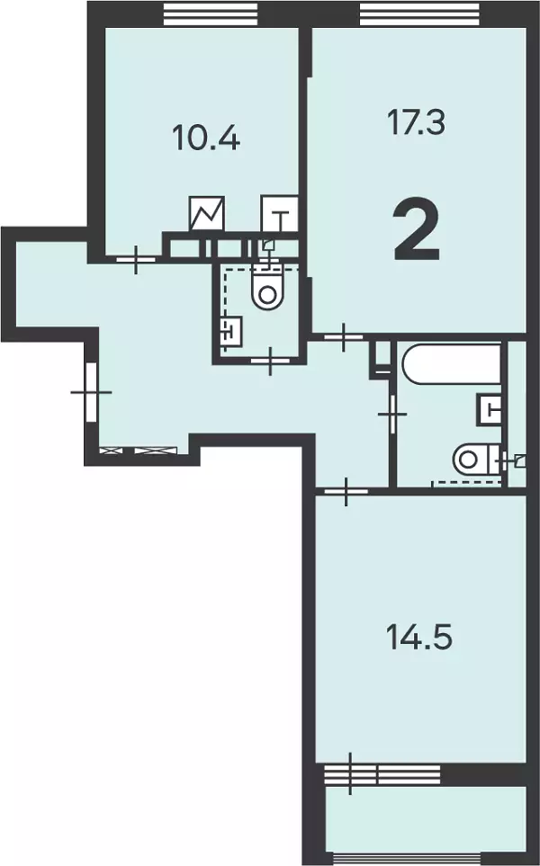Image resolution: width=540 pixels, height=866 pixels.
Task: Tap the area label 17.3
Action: click(x=416, y=122)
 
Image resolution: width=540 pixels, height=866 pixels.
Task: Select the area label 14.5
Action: click(x=419, y=637)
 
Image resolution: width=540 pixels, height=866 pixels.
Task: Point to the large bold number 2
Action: click(x=418, y=231)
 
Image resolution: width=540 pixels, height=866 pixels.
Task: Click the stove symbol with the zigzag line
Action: click(x=207, y=214)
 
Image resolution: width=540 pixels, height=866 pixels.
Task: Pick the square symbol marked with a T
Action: click(x=280, y=214)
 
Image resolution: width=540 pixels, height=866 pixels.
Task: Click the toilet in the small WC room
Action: click(x=267, y=286)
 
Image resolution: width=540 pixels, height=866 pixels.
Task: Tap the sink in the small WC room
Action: click(x=231, y=331)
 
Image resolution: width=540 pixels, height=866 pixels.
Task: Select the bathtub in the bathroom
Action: click(x=452, y=362)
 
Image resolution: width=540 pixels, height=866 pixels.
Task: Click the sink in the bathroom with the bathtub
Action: click(x=490, y=409)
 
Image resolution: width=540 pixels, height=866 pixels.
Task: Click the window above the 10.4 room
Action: click(x=211, y=13)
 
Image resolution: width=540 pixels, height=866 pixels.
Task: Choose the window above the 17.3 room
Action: click(x=419, y=13)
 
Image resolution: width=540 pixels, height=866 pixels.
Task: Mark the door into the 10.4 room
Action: click(x=135, y=258)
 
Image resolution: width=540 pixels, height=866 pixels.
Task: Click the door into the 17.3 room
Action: click(x=343, y=335)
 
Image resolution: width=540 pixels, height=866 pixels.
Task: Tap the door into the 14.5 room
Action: click(x=346, y=490)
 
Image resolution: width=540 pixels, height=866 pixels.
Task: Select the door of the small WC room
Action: click(x=270, y=360)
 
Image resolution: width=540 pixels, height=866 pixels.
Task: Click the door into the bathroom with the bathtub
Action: click(x=393, y=414)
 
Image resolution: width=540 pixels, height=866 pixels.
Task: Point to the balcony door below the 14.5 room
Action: click(x=350, y=773)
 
